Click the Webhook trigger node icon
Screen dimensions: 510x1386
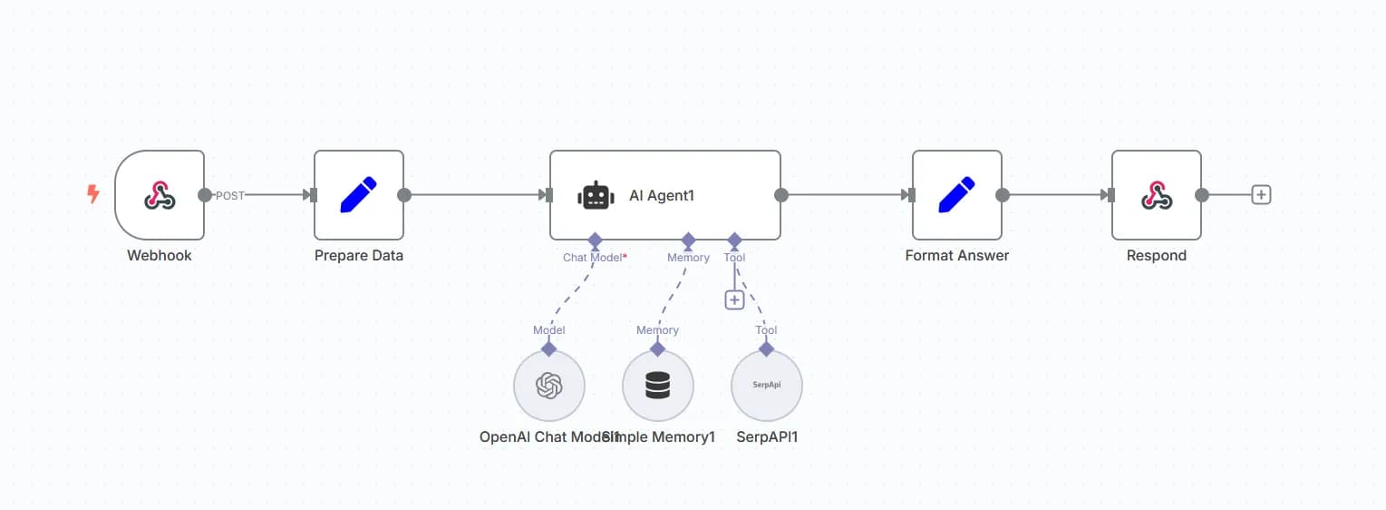[160, 195]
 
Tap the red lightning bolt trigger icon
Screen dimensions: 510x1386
[92, 194]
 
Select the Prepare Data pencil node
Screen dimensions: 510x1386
[358, 195]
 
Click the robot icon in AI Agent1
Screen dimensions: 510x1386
[596, 195]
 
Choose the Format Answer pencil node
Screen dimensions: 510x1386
[956, 195]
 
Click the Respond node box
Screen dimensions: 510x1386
[1156, 195]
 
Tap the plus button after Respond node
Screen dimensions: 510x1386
[1260, 194]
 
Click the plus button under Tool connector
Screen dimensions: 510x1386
[734, 299]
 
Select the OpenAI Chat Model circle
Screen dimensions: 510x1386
[548, 387]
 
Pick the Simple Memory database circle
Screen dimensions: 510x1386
[657, 387]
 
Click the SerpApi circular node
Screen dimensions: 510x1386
[766, 386]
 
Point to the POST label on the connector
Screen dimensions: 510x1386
[229, 195]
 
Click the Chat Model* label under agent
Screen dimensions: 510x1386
[595, 258]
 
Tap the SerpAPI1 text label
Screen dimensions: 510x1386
[767, 436]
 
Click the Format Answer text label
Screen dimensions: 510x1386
[956, 256]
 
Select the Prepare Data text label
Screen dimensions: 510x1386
[358, 256]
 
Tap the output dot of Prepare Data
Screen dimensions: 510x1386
[404, 195]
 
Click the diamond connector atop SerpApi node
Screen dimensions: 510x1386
[766, 348]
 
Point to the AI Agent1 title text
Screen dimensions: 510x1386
[662, 195]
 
